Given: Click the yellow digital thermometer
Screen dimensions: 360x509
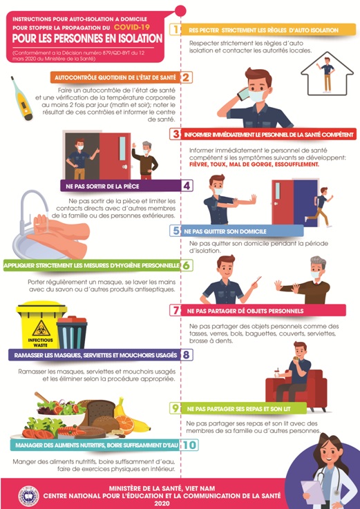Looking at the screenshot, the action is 21,98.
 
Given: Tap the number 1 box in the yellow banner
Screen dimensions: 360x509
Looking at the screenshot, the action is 175,30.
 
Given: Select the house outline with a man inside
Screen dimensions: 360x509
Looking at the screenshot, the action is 327,74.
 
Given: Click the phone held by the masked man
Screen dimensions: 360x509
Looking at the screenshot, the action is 243,93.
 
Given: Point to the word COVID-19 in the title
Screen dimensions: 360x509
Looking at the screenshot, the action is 131,27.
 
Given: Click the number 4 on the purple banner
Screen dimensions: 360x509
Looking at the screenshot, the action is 187,186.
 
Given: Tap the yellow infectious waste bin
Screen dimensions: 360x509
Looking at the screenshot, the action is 41,325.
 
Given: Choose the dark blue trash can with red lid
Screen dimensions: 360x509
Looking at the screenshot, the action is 72,332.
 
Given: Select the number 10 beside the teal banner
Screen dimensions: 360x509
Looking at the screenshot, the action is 189,445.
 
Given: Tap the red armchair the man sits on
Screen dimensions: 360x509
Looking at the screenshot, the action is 296,390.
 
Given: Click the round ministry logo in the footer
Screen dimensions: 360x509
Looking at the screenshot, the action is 28,496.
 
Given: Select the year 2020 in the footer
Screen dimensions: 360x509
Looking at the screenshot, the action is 162,503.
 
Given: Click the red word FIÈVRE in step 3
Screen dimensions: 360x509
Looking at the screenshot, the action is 198,164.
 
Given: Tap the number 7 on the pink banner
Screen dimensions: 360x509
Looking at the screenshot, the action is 176,310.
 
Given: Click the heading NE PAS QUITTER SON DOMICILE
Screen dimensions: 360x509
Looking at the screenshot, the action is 225,231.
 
